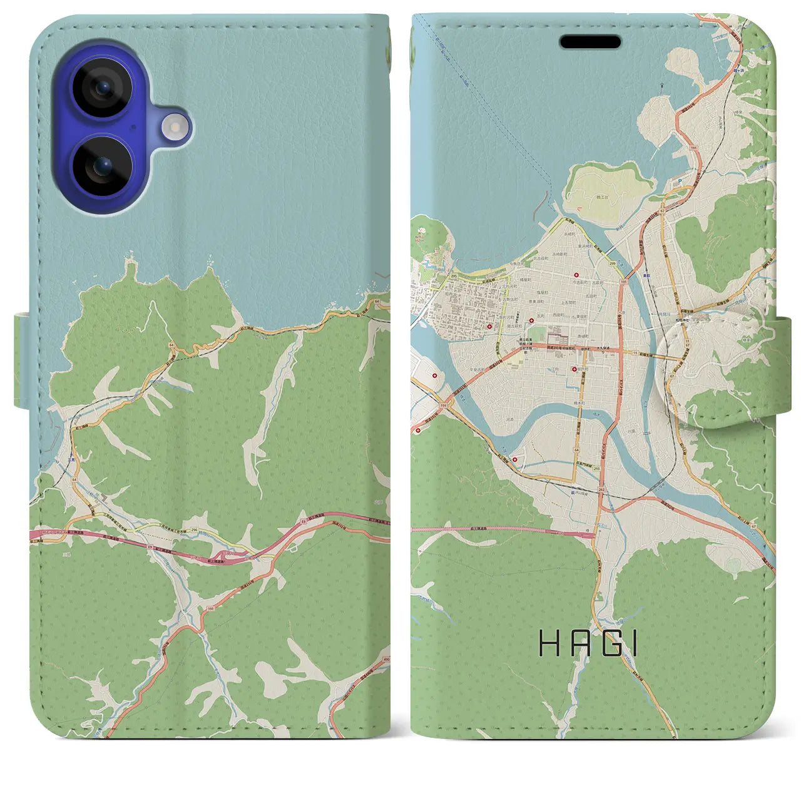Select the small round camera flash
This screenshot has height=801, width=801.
pyautogui.click(x=175, y=127)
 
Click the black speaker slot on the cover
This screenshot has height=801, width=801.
pyautogui.click(x=590, y=42)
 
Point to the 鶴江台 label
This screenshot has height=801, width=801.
pyautogui.click(x=606, y=196)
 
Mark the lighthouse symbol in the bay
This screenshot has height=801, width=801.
pyautogui.click(x=661, y=83)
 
